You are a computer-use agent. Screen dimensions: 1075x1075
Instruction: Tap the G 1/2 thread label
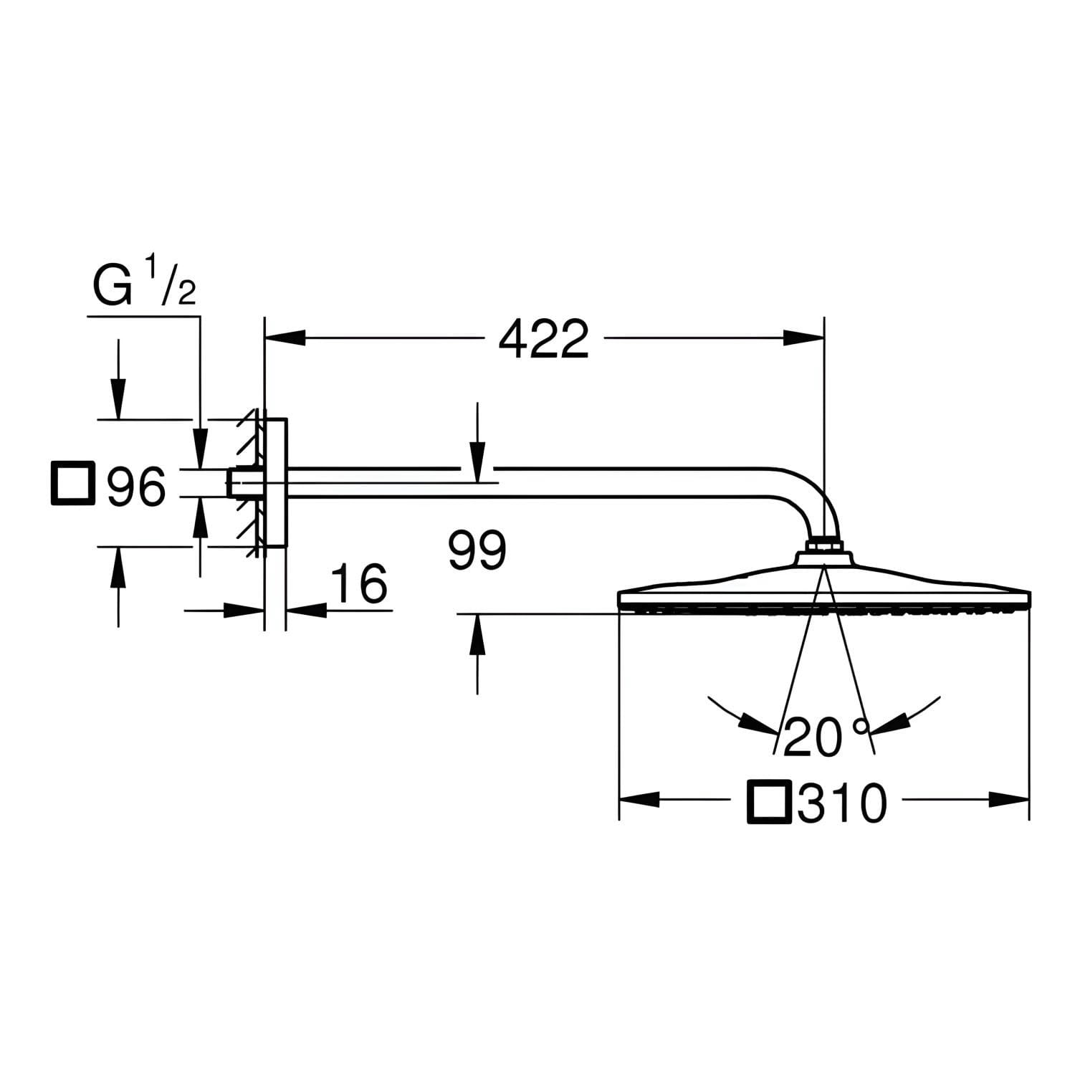point(144,285)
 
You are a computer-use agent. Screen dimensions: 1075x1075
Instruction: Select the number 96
point(136,487)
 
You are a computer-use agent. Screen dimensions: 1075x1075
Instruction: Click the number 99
point(477,550)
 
